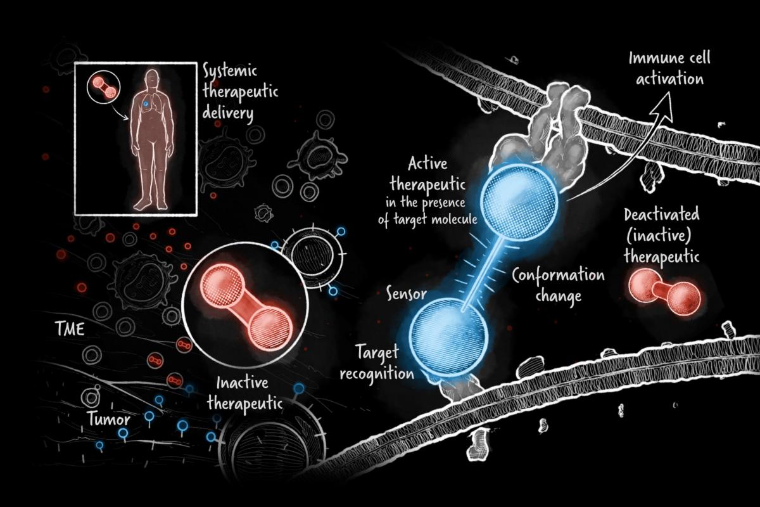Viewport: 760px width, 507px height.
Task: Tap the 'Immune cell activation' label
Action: tap(669, 69)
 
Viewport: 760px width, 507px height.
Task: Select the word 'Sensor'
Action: tap(405, 294)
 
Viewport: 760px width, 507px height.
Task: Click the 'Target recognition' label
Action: tap(376, 361)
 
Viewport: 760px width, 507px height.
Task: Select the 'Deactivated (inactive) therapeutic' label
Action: tap(661, 236)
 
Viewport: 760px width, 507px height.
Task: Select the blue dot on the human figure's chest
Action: tap(145, 103)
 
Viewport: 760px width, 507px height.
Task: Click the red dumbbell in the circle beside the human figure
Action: tap(103, 87)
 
